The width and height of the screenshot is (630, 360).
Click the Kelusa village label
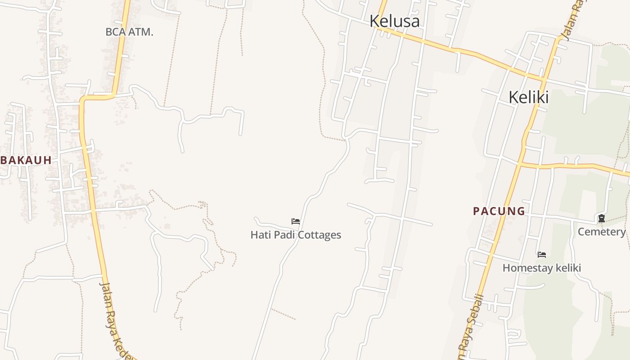(x=395, y=21)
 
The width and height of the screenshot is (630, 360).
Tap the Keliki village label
(x=528, y=97)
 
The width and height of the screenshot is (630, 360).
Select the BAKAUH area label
(x=26, y=160)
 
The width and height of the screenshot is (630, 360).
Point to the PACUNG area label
(x=499, y=211)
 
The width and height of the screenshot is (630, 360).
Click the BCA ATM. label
(x=129, y=32)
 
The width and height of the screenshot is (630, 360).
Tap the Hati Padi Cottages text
(x=296, y=235)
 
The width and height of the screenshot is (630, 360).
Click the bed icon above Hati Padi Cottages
(x=296, y=221)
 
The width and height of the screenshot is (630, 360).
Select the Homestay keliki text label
(x=542, y=268)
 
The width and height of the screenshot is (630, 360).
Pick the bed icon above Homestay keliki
(x=542, y=255)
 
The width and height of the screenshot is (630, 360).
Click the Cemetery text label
(x=602, y=232)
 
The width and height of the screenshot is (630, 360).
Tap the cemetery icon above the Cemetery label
(x=601, y=219)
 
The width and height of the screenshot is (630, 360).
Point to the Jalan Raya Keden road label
(x=114, y=319)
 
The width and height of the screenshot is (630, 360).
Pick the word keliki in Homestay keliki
(x=569, y=268)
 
